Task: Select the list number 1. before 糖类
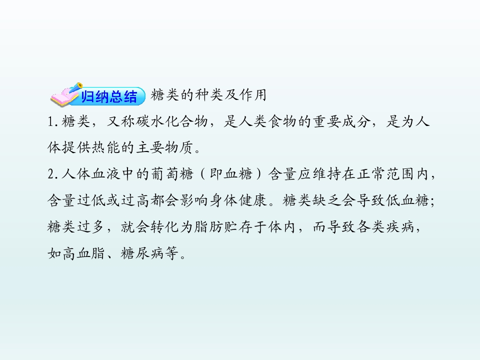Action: point(51,123)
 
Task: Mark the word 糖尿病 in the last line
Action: point(143,253)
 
